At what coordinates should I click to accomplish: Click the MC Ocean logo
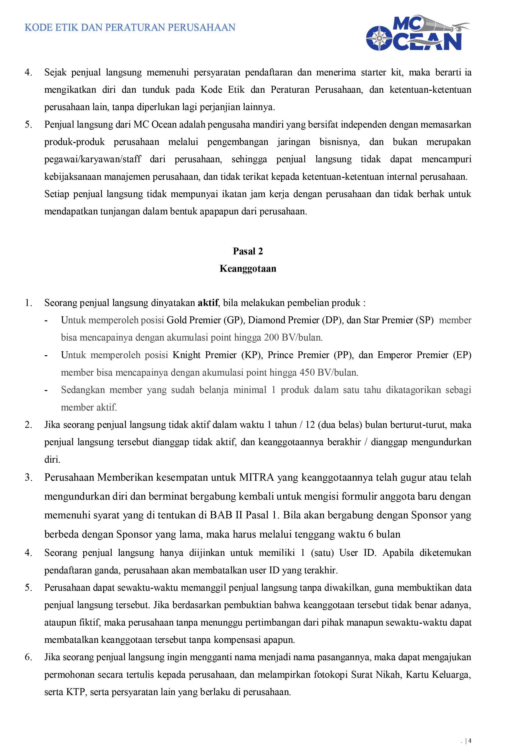pos(417,33)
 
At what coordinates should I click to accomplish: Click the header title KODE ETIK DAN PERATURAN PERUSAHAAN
pos(130,28)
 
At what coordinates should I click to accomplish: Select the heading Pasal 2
pos(248,251)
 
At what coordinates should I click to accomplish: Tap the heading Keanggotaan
pos(248,269)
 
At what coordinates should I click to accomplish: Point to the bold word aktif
pos(208,303)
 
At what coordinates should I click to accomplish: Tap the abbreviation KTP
pos(75,692)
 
